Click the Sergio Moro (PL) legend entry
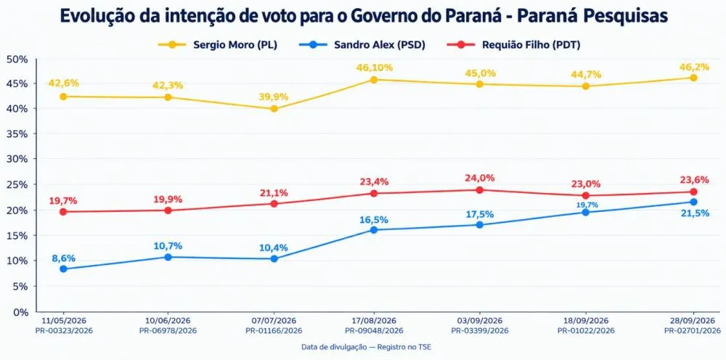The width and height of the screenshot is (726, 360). point(218,45)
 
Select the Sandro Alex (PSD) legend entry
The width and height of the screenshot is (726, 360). point(366,45)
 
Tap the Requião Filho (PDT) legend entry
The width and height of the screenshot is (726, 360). point(513,45)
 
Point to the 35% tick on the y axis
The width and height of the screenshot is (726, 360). point(17,134)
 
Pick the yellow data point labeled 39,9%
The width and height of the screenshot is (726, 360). point(274,109)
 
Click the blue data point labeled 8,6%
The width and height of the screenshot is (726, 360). point(63,269)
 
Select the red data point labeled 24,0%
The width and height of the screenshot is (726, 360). point(480,189)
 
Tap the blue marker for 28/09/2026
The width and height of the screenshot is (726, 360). point(693,202)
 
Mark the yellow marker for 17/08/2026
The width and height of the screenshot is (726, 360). point(374,80)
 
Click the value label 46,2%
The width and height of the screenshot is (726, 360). point(694,67)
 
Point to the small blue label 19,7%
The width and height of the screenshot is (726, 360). point(587,205)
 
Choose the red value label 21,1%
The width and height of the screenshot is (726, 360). point(274,192)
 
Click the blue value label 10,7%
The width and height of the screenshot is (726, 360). point(168,246)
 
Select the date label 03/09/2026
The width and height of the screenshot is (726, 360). point(480,320)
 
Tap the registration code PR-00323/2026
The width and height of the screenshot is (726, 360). point(63,330)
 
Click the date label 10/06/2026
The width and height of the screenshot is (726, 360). point(168,320)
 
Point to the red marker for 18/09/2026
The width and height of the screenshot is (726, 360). point(586,195)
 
